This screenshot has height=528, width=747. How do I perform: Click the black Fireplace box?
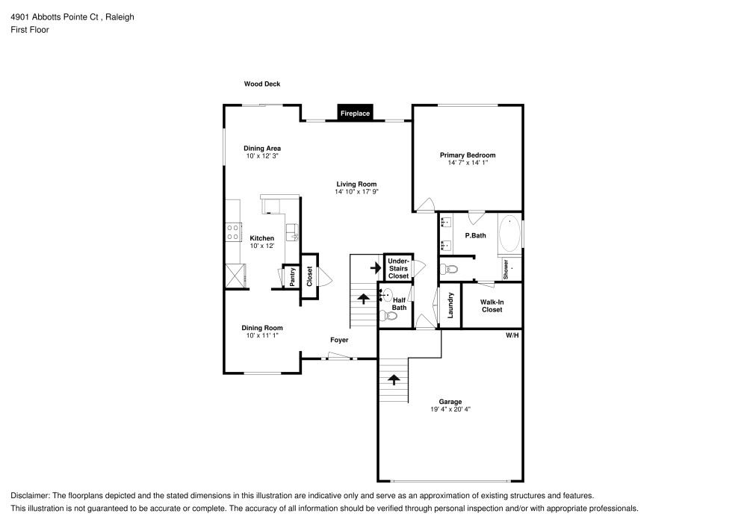coord(356,114)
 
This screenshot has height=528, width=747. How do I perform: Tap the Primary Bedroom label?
coord(468,155)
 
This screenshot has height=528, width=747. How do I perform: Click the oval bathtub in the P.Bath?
coord(509,234)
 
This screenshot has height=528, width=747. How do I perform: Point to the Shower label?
coord(506,269)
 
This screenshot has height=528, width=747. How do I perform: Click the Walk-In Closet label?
coord(492,305)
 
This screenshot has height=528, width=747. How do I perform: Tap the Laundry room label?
coord(450,305)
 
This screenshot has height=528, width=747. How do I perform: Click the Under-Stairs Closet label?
coord(398,268)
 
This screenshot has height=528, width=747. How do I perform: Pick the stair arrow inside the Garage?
coord(394,379)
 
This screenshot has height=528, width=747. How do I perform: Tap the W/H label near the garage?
coord(512,336)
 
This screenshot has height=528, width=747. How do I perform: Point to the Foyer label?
coord(340,340)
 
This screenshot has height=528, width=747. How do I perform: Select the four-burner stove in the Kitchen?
coord(233,232)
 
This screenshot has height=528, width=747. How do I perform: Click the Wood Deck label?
coord(262,84)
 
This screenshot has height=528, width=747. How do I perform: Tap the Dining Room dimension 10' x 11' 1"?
coord(262,335)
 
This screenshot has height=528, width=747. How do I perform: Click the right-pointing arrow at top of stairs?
coord(376,267)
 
